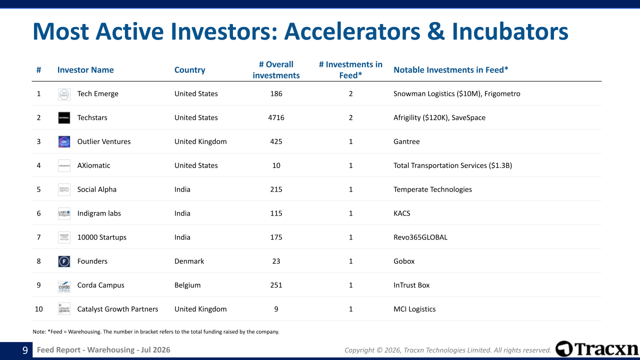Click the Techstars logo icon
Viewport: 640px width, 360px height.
[64, 117]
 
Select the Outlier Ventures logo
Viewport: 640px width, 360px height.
[64, 141]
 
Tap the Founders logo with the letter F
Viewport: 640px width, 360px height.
[64, 261]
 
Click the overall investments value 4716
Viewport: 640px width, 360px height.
[276, 117]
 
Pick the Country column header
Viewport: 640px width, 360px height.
[189, 70]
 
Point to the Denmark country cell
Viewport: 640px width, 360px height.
[189, 261]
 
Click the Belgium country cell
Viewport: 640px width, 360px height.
[187, 285]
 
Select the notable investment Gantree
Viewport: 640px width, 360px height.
[406, 141]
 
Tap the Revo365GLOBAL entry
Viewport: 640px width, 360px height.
[420, 237]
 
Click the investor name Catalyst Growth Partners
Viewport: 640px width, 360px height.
[117, 309]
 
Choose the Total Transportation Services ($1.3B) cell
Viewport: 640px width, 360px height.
[452, 165]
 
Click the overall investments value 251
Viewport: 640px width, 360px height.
[276, 285]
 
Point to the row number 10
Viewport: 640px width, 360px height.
[38, 309]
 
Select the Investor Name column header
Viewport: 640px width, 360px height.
[85, 70]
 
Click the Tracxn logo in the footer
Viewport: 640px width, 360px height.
[596, 349]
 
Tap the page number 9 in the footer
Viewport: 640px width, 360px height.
[25, 350]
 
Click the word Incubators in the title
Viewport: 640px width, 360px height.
[510, 31]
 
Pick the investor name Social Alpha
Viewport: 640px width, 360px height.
[96, 189]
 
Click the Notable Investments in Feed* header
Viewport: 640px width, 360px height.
[451, 70]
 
